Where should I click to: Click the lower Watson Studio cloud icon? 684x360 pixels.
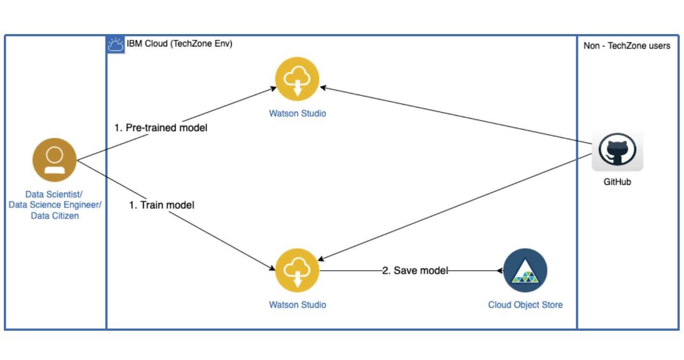[x=297, y=271]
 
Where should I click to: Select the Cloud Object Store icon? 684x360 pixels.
[x=525, y=271]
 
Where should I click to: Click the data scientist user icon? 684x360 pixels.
[x=54, y=160]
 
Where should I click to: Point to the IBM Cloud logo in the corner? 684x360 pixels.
[x=116, y=45]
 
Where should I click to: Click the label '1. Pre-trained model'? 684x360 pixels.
[x=161, y=128]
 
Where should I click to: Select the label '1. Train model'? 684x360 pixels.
[x=162, y=205]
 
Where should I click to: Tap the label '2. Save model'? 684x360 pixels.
[x=415, y=271]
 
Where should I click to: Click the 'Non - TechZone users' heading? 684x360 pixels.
[x=626, y=46]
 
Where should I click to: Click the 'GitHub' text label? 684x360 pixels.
[x=617, y=182]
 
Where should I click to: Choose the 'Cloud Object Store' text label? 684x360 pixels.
[x=525, y=305]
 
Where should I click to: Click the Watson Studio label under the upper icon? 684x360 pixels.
[x=297, y=114]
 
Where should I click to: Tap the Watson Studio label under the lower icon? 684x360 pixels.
[x=297, y=305]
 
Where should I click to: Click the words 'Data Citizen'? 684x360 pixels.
[x=55, y=216]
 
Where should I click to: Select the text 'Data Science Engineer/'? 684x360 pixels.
[x=56, y=205]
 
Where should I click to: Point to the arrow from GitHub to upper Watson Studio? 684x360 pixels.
[x=456, y=115]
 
